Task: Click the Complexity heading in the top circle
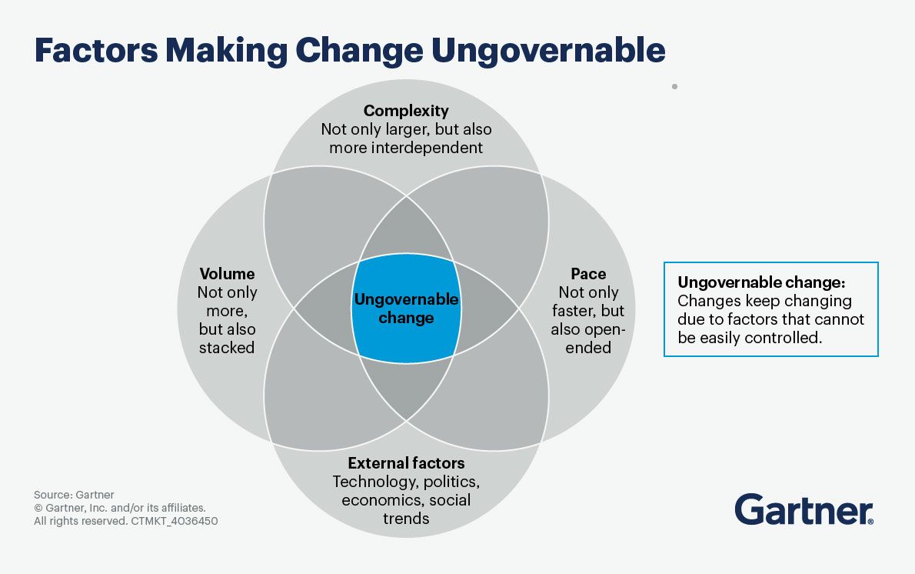click(406, 110)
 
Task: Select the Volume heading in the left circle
click(227, 273)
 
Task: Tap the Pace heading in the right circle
click(588, 273)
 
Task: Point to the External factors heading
click(406, 463)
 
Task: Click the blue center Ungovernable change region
click(406, 309)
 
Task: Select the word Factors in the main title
click(96, 50)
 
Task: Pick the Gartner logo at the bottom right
click(804, 509)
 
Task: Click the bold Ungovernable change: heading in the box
click(761, 282)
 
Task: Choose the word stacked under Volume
click(227, 348)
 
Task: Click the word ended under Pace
click(588, 348)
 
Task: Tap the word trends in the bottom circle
click(406, 519)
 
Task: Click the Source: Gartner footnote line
click(74, 495)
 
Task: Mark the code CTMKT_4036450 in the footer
click(175, 521)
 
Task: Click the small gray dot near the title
click(674, 86)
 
